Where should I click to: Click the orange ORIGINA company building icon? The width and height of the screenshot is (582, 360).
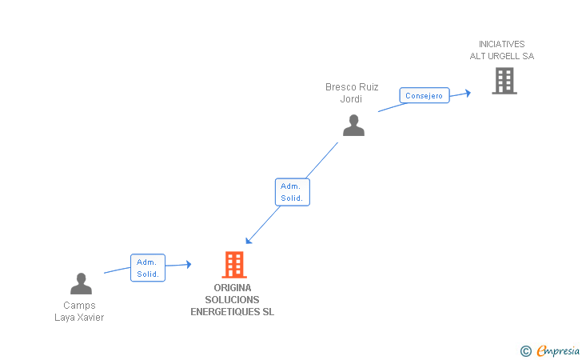233,264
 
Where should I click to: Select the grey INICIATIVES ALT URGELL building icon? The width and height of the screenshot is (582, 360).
504,81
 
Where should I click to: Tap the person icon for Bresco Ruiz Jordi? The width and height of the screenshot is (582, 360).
353,125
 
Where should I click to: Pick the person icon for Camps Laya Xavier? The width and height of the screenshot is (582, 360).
81,283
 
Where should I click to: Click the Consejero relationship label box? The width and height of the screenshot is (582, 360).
424,95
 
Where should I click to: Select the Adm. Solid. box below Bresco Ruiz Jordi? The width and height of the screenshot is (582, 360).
292,191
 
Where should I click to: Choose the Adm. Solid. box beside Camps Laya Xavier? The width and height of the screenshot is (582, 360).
147,268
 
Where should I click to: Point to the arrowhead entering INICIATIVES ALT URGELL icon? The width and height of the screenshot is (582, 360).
467,93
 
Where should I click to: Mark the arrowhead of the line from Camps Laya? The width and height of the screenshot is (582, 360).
188,264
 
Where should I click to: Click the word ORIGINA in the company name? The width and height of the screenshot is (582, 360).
233,288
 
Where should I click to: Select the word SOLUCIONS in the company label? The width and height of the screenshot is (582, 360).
232,300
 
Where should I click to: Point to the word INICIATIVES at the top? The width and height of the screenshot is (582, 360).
501,44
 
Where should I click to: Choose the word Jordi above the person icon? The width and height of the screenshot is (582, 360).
351,99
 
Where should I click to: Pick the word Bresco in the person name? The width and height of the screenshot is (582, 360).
339,87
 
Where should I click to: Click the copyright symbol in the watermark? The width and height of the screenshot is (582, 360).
525,350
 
